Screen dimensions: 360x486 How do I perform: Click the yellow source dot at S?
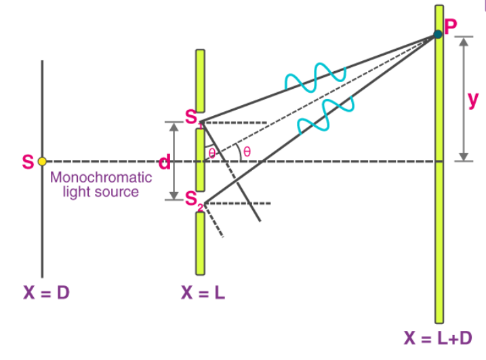(42, 161)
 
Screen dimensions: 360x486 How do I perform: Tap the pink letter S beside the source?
(28, 162)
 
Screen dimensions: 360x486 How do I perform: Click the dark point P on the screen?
(438, 34)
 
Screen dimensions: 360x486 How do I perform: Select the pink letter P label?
(451, 26)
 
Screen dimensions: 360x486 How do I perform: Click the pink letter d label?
(164, 162)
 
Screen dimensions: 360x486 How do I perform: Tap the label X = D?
(46, 294)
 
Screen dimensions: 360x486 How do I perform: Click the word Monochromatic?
(102, 178)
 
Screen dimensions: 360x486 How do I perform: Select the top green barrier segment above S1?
(200, 81)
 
